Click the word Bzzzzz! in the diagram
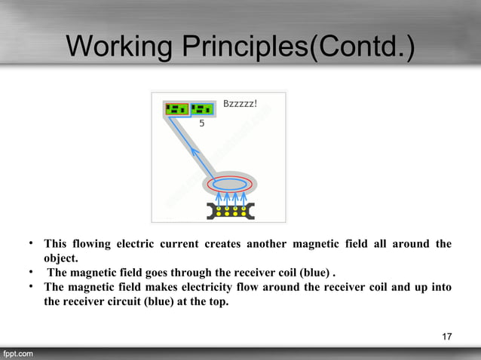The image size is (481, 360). point(240,103)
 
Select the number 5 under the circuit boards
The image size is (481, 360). point(201,124)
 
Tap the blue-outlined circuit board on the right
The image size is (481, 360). point(202,110)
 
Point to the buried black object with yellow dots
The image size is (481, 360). point(229,210)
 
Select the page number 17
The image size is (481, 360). point(447,336)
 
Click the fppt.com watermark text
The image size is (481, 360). point(17,353)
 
